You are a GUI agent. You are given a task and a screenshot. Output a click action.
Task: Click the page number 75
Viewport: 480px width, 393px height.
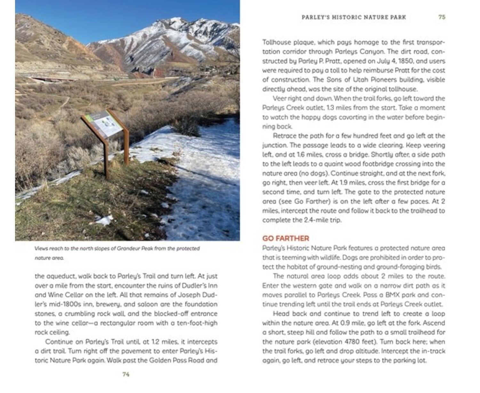coord(442,17)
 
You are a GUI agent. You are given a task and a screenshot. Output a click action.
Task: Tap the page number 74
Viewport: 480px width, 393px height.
coord(126,374)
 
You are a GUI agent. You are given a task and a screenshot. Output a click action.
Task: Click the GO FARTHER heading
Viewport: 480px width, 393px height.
coord(285,238)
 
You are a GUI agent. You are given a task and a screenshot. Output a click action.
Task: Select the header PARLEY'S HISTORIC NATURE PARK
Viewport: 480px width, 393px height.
coord(354,17)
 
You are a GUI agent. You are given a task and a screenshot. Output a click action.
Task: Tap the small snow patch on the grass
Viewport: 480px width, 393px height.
coord(105,220)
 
